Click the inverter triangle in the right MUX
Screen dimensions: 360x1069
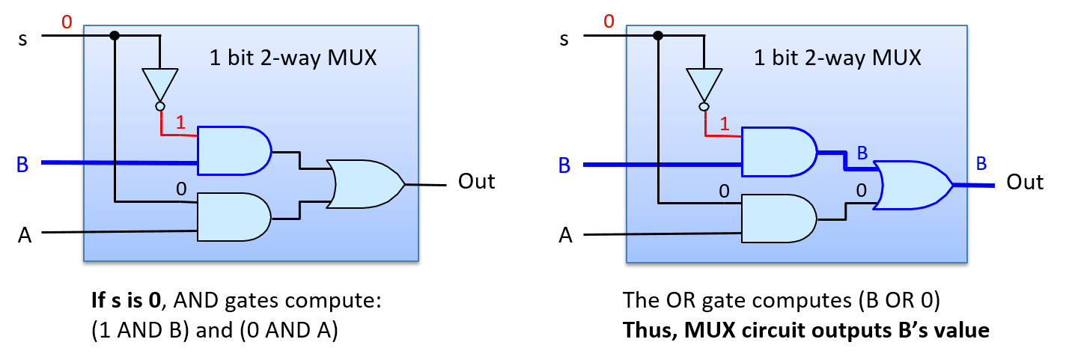click(704, 84)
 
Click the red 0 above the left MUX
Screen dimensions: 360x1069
click(67, 22)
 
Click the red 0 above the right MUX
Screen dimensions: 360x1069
click(609, 21)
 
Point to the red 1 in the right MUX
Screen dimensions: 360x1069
click(724, 124)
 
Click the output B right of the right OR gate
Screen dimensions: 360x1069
click(981, 165)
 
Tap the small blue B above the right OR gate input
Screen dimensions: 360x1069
click(862, 153)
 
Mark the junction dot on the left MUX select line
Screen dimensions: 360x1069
click(115, 35)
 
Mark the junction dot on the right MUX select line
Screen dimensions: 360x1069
click(658, 35)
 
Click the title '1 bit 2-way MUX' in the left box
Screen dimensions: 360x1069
click(293, 58)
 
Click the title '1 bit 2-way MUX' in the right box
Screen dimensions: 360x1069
click(837, 58)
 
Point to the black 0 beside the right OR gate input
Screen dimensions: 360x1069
click(861, 191)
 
